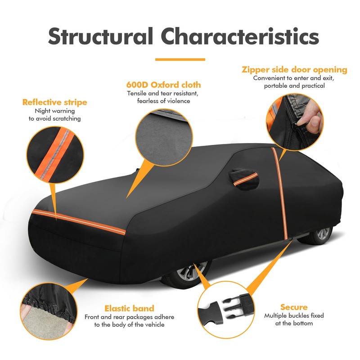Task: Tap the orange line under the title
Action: coord(180,59)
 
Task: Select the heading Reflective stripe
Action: coord(54,102)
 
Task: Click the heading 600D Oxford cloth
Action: coord(163,85)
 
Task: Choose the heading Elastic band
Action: coord(129,308)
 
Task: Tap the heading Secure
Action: coord(294,307)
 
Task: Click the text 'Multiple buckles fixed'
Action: coord(294,315)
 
